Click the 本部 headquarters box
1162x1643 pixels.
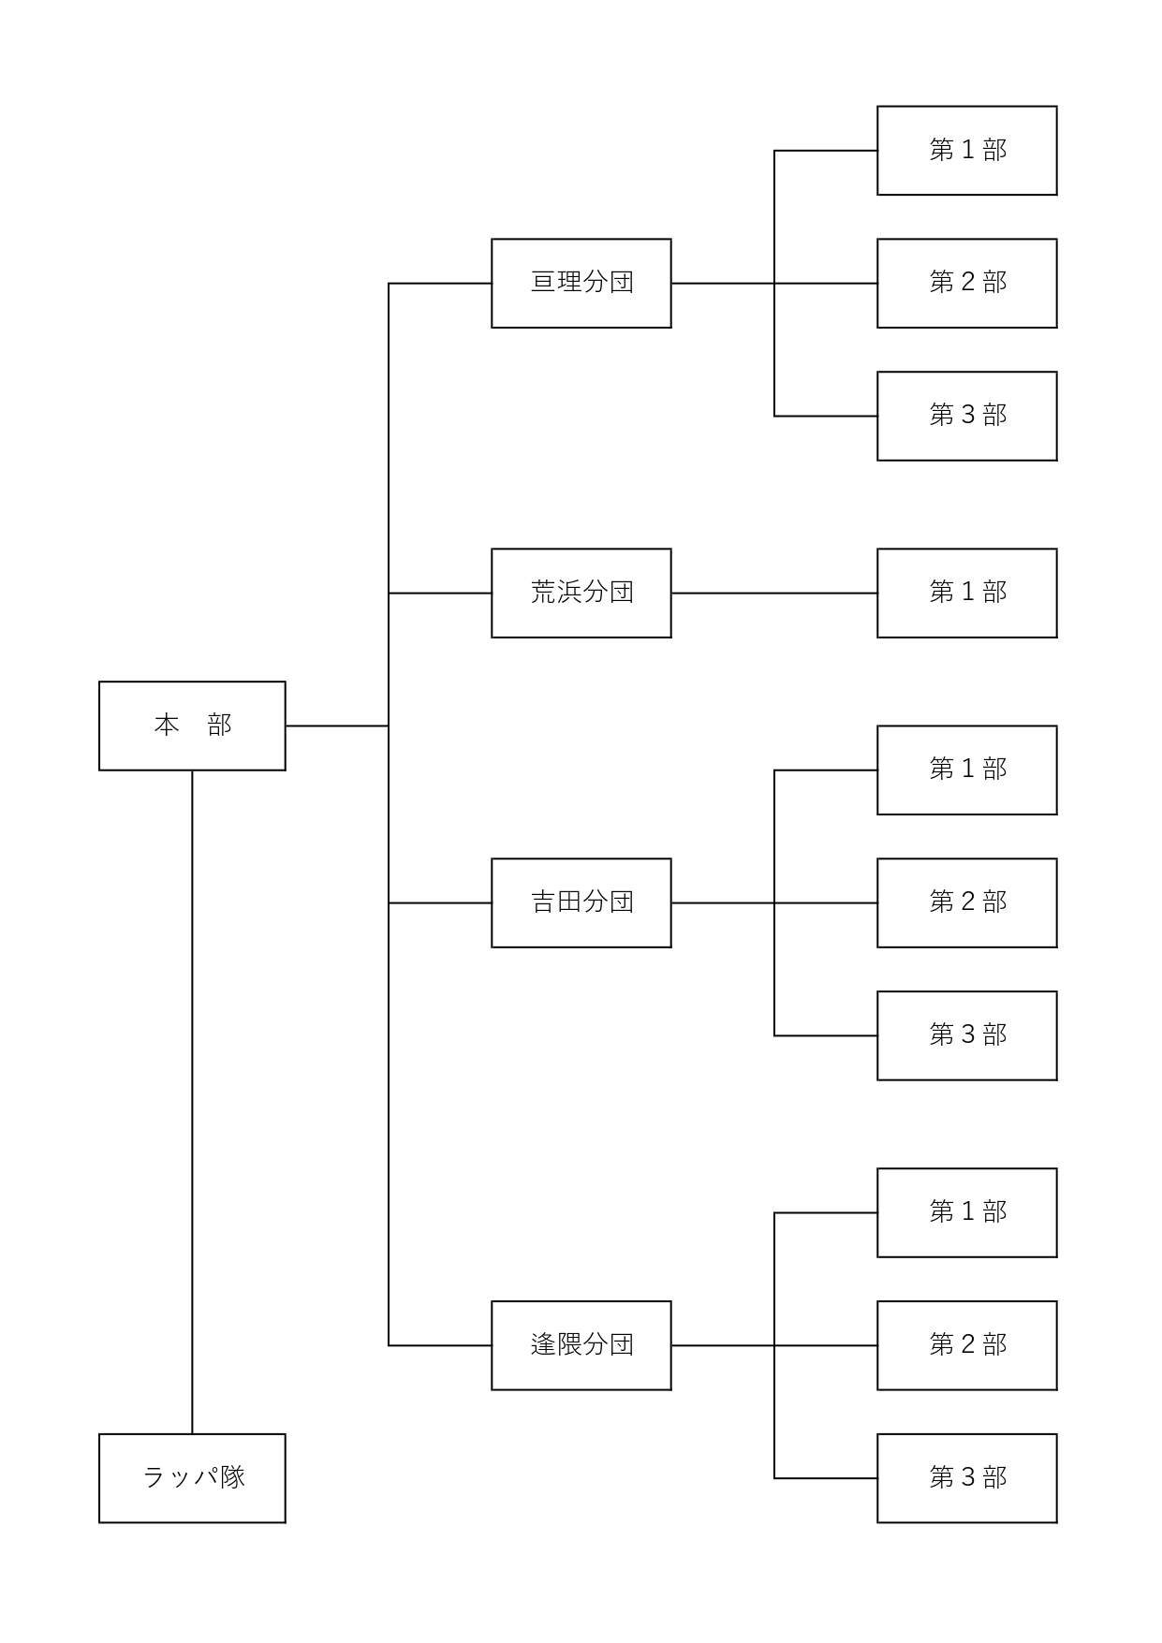pos(192,726)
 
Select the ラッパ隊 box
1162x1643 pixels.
pos(192,1477)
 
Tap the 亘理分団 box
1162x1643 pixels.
pos(581,283)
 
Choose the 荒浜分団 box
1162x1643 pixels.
pos(581,593)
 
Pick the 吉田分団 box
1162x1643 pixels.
pos(581,902)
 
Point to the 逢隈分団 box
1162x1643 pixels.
pos(581,1345)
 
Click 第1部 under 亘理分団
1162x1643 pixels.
pos(967,151)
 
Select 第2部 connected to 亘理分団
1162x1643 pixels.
pos(967,283)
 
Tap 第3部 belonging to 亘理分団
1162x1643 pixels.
pos(967,416)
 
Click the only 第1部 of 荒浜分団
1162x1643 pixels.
pos(967,593)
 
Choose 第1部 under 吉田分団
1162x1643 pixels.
pos(967,770)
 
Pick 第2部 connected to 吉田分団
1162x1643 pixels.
pos(967,902)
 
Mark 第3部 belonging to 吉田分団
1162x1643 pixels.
pos(967,1035)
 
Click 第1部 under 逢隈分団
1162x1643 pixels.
pos(967,1212)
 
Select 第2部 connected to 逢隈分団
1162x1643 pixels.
pos(967,1345)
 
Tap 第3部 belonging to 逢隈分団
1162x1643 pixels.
pos(967,1478)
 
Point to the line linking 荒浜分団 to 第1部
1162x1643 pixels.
pos(774,593)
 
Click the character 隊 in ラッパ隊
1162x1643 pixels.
pos(232,1477)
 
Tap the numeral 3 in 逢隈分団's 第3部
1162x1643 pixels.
pos(968,1477)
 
